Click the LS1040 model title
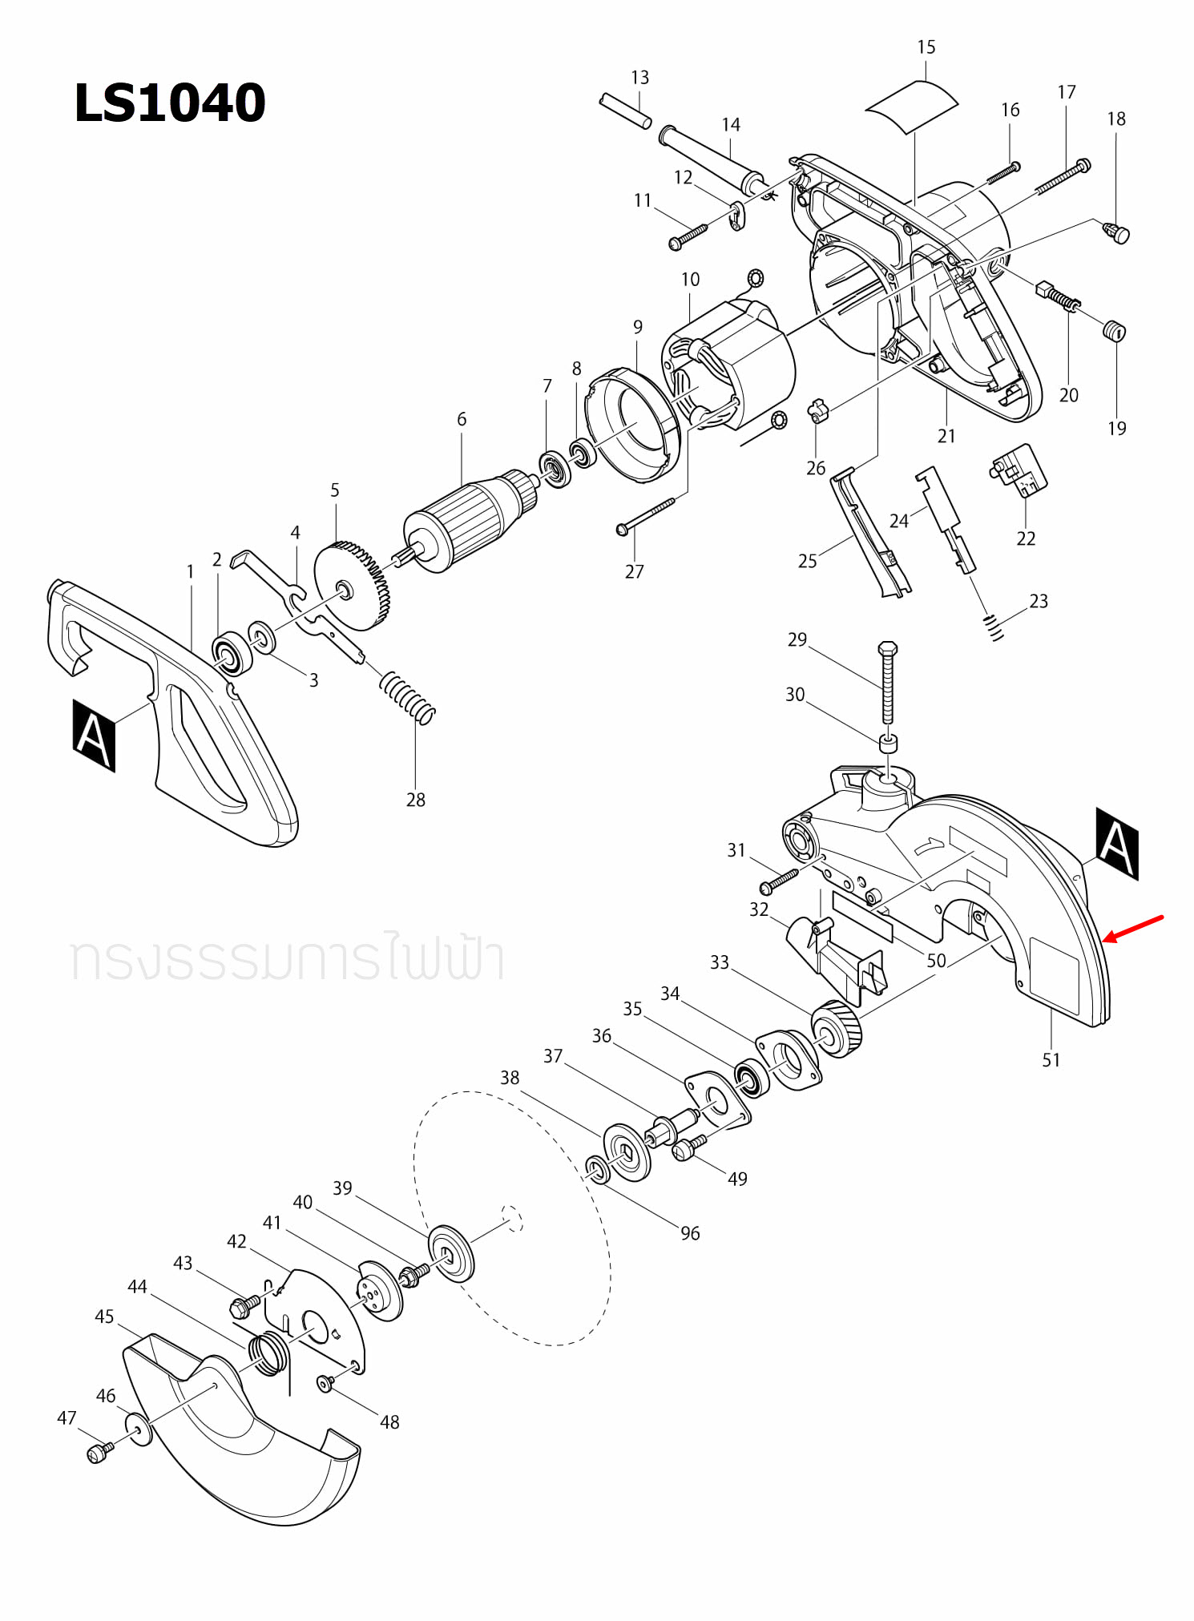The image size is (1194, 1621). tap(169, 103)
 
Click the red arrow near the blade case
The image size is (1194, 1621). tap(1133, 928)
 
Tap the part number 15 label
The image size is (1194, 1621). tap(926, 47)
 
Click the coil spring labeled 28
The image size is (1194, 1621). tap(407, 696)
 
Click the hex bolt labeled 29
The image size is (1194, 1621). tap(887, 681)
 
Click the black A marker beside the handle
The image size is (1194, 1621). tap(94, 736)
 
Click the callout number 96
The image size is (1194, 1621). tap(690, 1233)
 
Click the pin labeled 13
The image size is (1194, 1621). tap(625, 111)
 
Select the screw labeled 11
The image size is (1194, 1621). tap(689, 235)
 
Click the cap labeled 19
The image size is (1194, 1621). tap(1114, 330)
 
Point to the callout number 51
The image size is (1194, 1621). tap(1051, 1060)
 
